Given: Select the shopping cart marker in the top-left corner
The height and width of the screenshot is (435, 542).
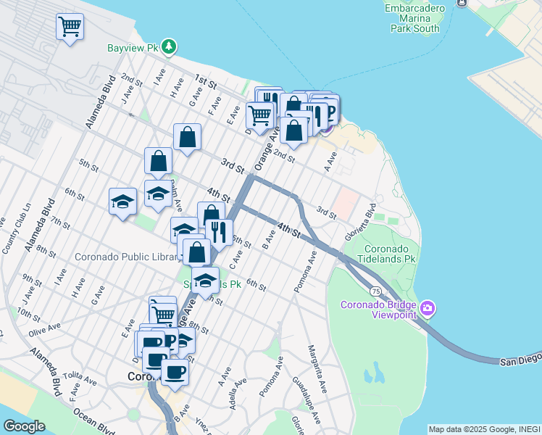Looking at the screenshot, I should coord(70,28).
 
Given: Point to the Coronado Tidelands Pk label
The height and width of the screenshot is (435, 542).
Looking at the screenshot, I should coord(389,252).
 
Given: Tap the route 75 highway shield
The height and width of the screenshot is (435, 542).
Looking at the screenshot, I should coord(375,290).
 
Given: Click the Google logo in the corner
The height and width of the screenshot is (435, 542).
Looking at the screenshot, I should coord(24,426).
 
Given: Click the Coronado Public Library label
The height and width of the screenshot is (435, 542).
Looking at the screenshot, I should coord(128,257).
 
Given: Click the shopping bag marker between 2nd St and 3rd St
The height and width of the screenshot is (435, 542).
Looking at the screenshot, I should coord(187,136).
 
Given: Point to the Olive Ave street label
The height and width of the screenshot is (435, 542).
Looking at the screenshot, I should coord(43,332).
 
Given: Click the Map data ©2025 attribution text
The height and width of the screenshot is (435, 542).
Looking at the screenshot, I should coord(483,429).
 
